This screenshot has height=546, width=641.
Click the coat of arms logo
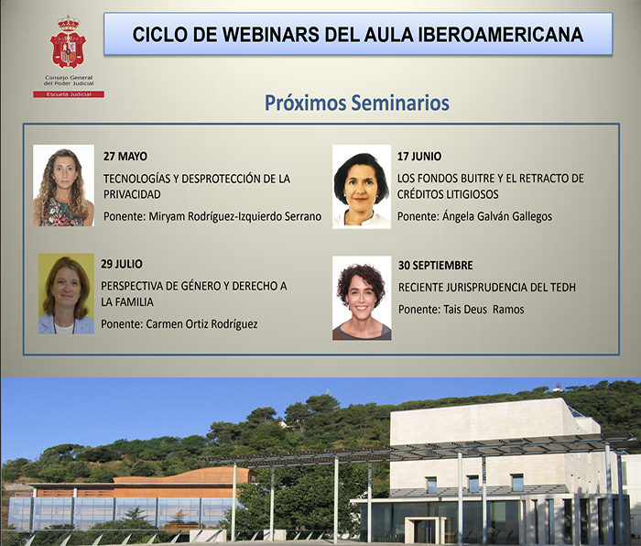point(68,44)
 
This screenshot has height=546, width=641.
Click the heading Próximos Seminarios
point(357,103)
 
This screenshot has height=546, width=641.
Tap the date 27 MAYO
point(125,156)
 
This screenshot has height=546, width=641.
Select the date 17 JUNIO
point(420,156)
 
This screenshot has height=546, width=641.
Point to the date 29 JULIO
point(122,264)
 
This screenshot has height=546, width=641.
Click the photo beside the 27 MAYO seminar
point(63,186)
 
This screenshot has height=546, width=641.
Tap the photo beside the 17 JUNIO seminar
point(361,186)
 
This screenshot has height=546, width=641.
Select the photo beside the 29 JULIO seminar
point(66,293)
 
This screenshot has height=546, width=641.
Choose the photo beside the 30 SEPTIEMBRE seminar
point(361,298)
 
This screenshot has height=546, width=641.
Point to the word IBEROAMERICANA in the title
point(512,35)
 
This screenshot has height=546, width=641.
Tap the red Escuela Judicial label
point(68,94)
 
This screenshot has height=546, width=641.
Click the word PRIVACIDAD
point(132,194)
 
